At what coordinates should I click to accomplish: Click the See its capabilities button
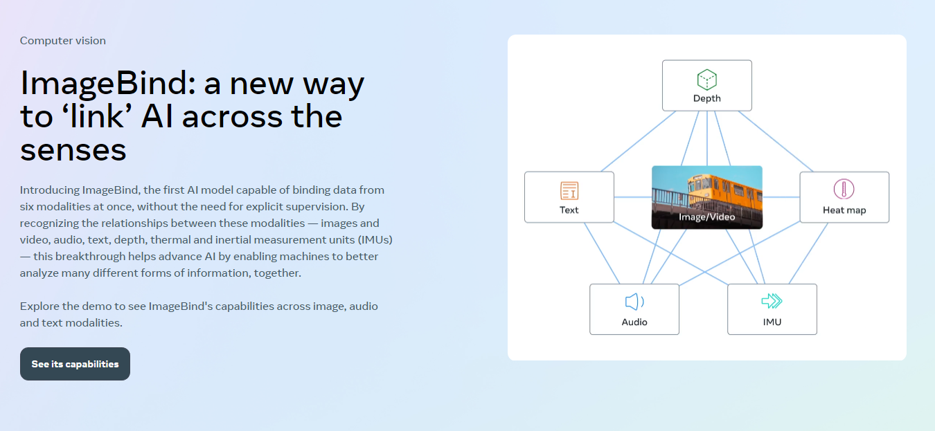click(75, 364)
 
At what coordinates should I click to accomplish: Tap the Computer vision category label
click(63, 41)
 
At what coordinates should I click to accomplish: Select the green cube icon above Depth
click(706, 80)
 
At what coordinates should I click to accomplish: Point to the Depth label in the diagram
click(706, 98)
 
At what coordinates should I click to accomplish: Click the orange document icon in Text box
click(569, 191)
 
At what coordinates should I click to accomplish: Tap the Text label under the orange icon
click(569, 210)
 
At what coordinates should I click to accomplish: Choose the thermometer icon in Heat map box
click(844, 189)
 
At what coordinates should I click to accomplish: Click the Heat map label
click(844, 210)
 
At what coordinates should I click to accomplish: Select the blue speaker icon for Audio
click(634, 302)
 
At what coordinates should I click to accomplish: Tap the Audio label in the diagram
click(634, 322)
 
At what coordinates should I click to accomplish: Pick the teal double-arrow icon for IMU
click(772, 301)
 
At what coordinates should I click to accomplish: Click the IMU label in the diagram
click(772, 322)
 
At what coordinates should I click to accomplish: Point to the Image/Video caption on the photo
click(706, 217)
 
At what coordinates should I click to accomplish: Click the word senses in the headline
click(73, 149)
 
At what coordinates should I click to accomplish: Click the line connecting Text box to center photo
click(632, 197)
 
